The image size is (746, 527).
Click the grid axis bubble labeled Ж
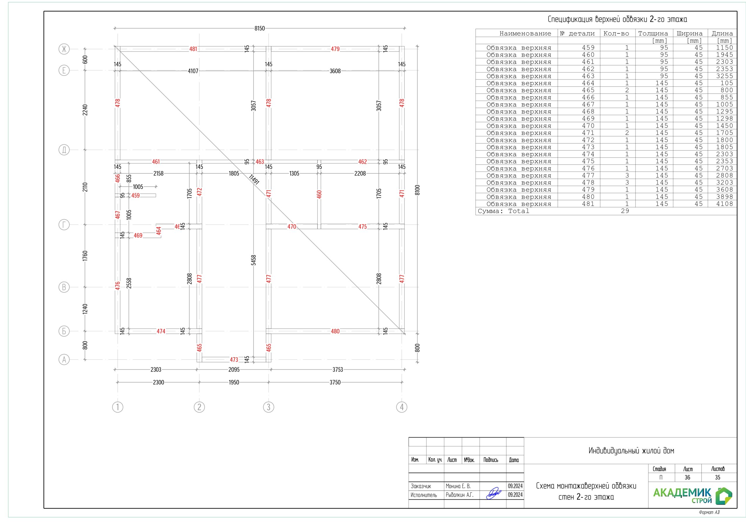[x=64, y=49]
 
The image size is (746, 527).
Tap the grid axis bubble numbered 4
[x=402, y=407]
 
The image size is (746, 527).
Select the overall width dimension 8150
[x=260, y=28]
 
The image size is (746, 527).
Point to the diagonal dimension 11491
[x=254, y=179]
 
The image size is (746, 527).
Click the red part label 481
[x=193, y=49]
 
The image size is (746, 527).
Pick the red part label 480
[x=335, y=331]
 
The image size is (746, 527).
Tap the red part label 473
[x=234, y=360]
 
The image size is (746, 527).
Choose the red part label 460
[x=319, y=194]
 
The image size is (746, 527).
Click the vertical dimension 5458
[x=254, y=260]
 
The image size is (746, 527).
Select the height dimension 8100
[x=418, y=190]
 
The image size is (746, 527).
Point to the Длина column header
[x=722, y=33]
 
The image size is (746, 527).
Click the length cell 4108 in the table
[x=724, y=204]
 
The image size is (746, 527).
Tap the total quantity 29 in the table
[x=625, y=211]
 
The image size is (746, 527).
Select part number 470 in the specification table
[x=588, y=126]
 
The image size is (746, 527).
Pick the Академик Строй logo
[x=692, y=496]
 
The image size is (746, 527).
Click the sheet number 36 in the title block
[x=687, y=477]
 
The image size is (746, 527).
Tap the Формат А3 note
[x=709, y=512]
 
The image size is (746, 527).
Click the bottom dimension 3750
[x=335, y=382]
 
